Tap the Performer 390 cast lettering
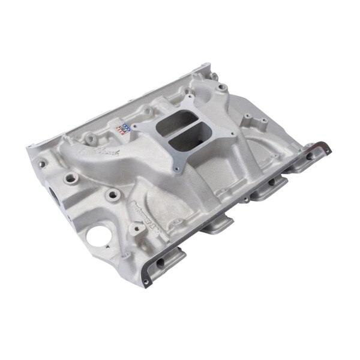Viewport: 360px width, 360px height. [148, 208]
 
